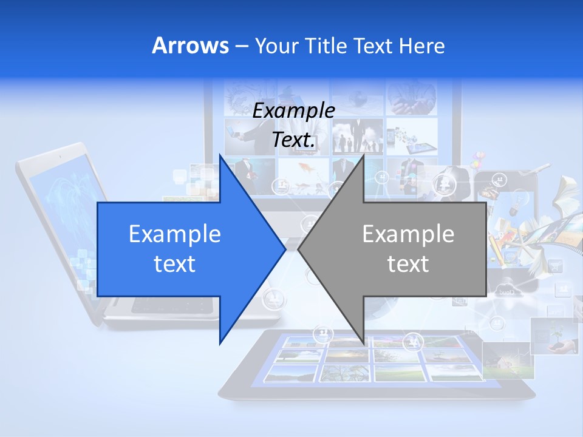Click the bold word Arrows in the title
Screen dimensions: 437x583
[x=190, y=46]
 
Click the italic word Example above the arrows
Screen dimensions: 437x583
[x=293, y=111]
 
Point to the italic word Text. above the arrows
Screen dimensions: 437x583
[x=293, y=140]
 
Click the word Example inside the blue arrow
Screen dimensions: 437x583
[x=174, y=234]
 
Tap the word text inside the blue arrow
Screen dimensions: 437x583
[x=174, y=263]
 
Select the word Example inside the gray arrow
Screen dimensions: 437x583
[x=408, y=234]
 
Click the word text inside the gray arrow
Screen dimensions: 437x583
[x=408, y=263]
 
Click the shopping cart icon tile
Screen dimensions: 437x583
[x=555, y=266]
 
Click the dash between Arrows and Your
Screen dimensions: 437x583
[x=241, y=46]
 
